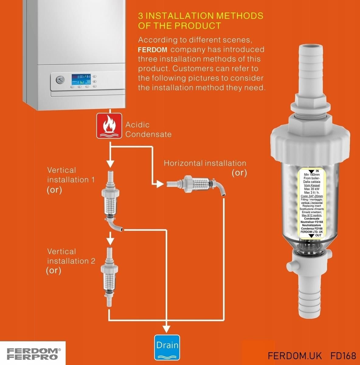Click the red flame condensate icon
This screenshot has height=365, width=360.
coord(109,126)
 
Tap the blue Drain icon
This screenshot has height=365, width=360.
coord(167,347)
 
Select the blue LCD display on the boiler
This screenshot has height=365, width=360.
coord(81,79)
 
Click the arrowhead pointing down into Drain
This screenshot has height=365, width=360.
coord(166,328)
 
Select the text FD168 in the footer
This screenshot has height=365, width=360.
coord(343,356)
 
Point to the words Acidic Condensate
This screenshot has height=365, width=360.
coord(148,129)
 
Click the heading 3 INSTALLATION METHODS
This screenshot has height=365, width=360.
coord(200,16)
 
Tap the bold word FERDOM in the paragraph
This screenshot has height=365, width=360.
coord(152,50)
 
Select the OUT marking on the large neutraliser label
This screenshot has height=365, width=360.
coord(318,235)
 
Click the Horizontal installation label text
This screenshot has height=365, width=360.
coord(205,163)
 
